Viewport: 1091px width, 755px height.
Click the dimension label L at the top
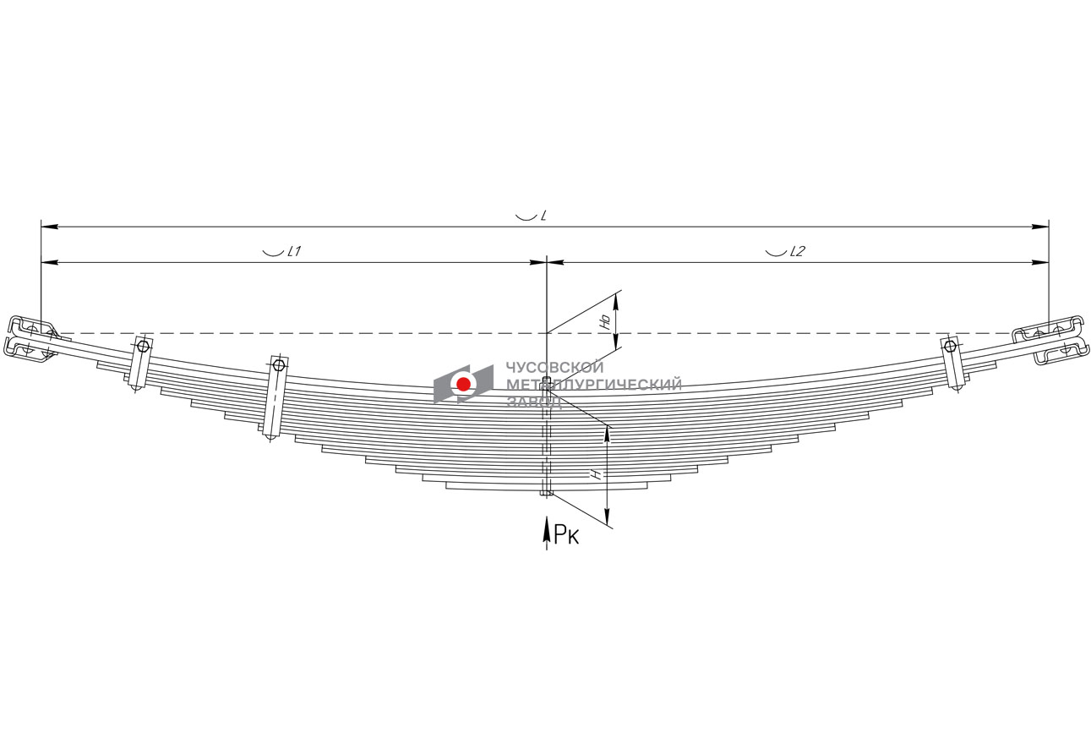[x=543, y=216]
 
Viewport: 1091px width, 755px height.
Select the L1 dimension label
[x=295, y=251]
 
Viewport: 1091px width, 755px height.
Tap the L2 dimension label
[x=798, y=251]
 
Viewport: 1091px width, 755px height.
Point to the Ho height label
[x=605, y=321]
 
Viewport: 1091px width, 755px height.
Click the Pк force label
[x=567, y=534]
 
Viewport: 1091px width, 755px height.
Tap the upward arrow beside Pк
[x=547, y=533]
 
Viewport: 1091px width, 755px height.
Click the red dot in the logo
[x=463, y=384]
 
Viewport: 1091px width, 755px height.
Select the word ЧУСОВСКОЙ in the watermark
[x=554, y=367]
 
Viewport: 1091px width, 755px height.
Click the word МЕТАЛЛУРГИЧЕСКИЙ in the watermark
[x=594, y=385]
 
